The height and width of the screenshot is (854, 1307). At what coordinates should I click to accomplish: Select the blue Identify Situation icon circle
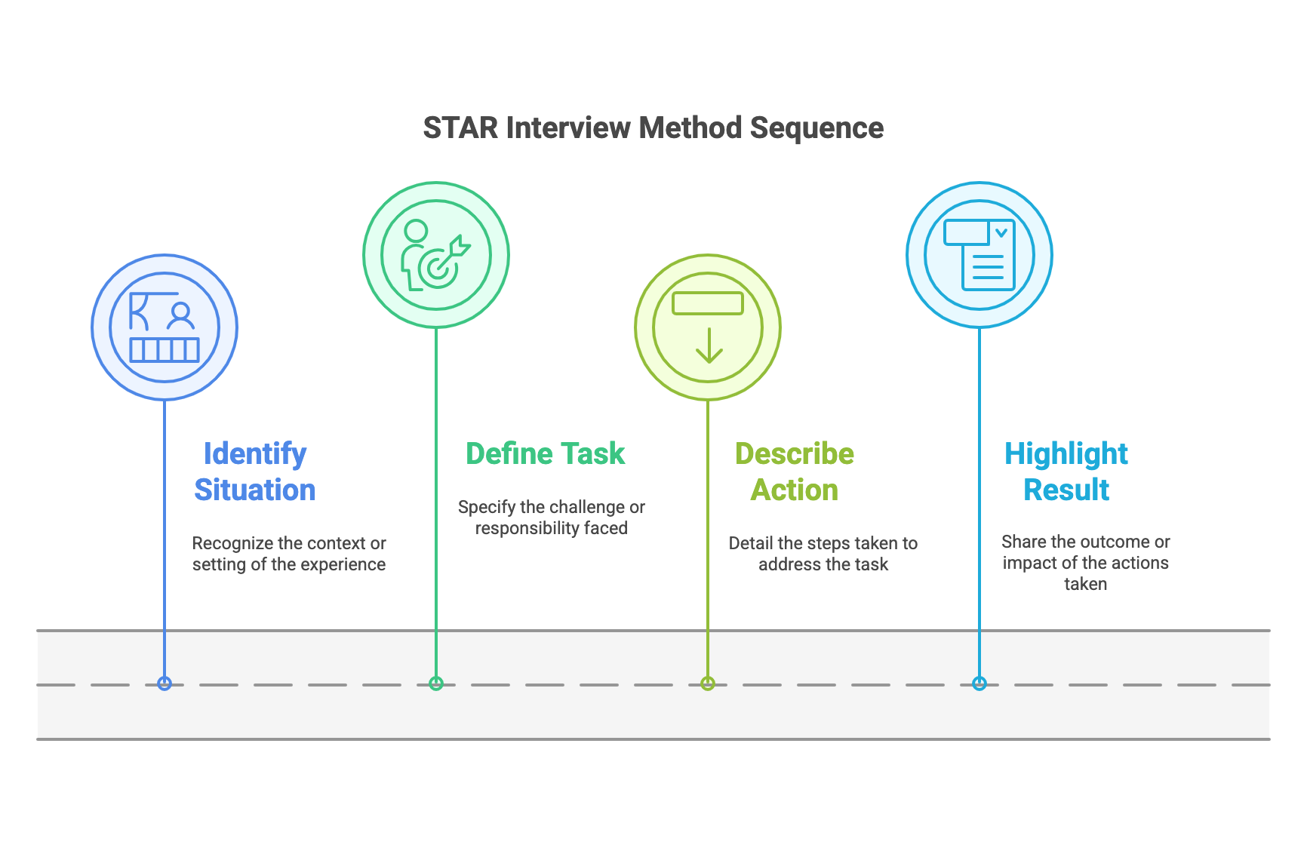[x=165, y=327]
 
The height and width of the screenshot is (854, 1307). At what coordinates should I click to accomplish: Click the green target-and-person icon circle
[x=436, y=255]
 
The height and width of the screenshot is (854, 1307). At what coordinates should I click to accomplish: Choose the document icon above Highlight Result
[x=979, y=255]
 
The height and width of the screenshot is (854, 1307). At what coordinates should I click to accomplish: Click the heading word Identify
[x=255, y=454]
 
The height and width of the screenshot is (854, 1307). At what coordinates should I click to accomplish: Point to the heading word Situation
[x=255, y=490]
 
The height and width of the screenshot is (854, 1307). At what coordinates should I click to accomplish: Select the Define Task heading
[x=545, y=454]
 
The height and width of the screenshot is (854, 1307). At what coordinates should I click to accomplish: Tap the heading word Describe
[x=795, y=454]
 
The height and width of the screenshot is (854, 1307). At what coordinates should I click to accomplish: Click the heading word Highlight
[x=1066, y=454]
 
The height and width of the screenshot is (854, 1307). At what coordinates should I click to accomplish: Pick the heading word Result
[x=1066, y=490]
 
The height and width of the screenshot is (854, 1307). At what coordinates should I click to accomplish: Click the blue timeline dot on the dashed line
[x=165, y=684]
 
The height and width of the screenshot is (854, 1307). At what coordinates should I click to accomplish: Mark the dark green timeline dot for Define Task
[x=436, y=684]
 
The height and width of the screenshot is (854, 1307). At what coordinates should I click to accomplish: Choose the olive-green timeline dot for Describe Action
[x=708, y=684]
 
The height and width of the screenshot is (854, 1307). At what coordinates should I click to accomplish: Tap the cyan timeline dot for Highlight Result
[x=979, y=684]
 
